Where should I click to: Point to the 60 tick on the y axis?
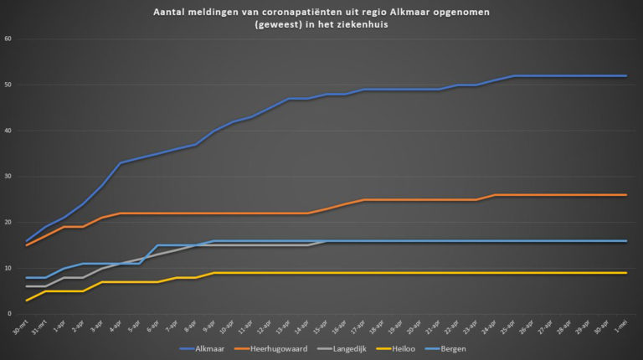[x=8, y=39]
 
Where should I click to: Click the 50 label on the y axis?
[x=8, y=85]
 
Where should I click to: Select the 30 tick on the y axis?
[x=8, y=177]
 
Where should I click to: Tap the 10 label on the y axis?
[x=8, y=268]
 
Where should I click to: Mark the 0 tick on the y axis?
[x=9, y=314]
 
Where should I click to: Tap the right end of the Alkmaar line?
[x=626, y=76]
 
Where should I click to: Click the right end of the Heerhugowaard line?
[x=626, y=195]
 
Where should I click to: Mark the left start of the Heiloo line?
[x=27, y=301]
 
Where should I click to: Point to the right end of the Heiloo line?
[x=626, y=273]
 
